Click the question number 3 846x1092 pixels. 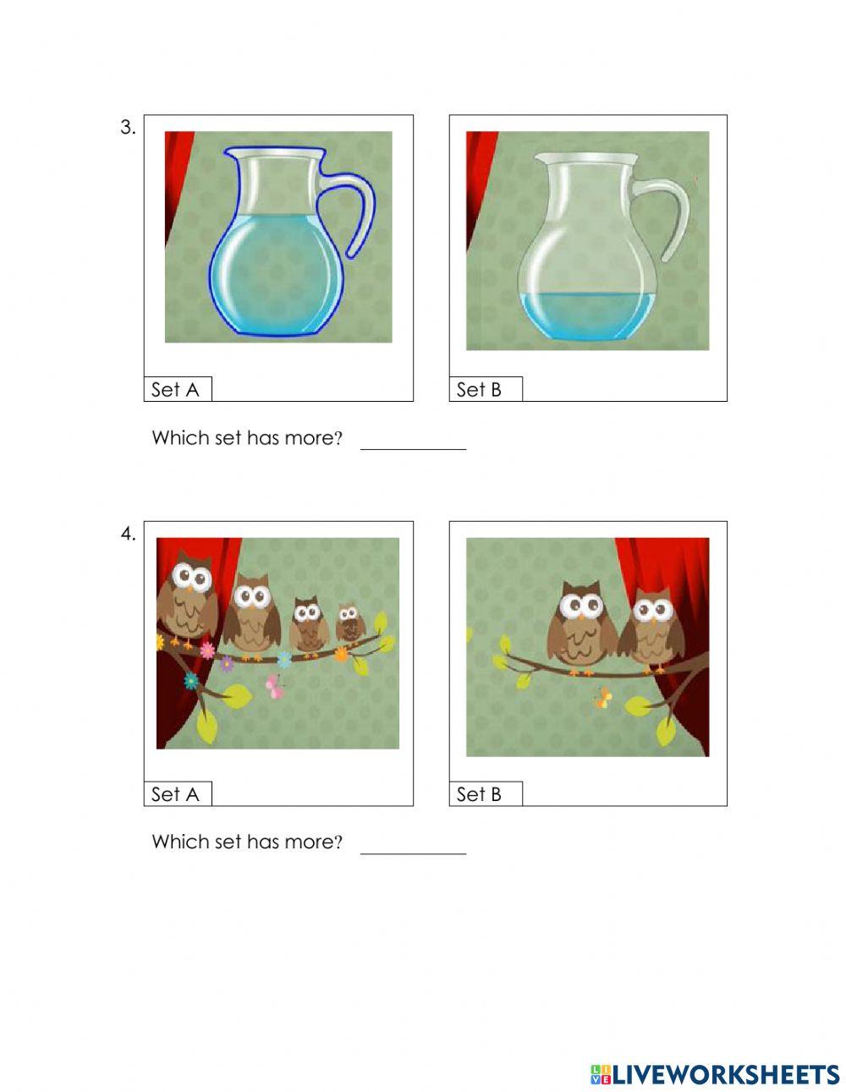point(128,128)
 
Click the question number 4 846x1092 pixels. point(128,534)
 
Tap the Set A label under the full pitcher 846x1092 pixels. point(175,390)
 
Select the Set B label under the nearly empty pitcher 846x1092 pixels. point(479,390)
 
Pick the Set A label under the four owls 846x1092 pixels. point(175,794)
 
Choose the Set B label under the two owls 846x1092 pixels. point(479,794)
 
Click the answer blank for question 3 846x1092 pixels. point(413,441)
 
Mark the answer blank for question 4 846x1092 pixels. point(413,845)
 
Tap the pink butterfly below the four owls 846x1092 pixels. point(275,686)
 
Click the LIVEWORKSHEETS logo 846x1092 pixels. point(715,1074)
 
